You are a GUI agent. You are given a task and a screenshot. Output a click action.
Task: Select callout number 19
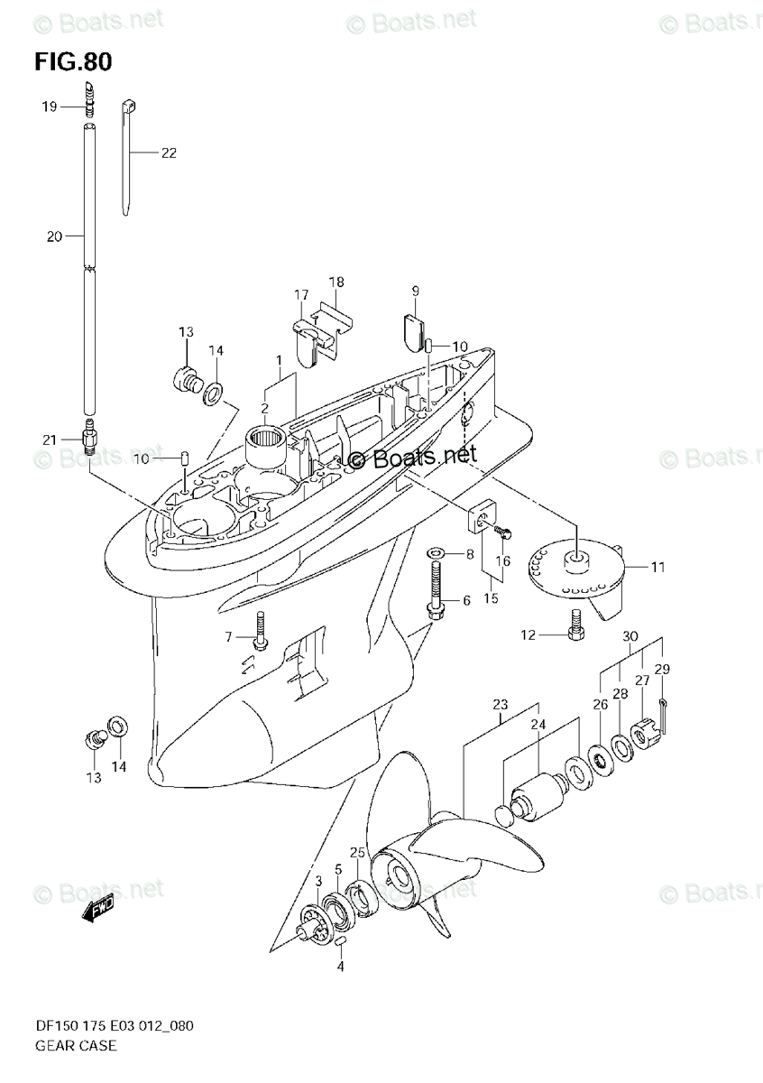(48, 106)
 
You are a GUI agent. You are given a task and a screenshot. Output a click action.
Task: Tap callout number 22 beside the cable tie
(169, 153)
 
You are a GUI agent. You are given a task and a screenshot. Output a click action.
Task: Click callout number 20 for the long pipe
(53, 237)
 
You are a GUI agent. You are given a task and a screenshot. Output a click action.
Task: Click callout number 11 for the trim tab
(657, 568)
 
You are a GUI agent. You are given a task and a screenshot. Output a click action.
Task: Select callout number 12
(529, 635)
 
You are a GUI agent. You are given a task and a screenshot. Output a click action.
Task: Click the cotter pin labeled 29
(661, 703)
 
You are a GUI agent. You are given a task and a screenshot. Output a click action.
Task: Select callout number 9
(416, 291)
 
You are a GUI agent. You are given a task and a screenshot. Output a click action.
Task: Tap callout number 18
(336, 282)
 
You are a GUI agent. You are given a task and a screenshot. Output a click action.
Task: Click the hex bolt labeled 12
(575, 629)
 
